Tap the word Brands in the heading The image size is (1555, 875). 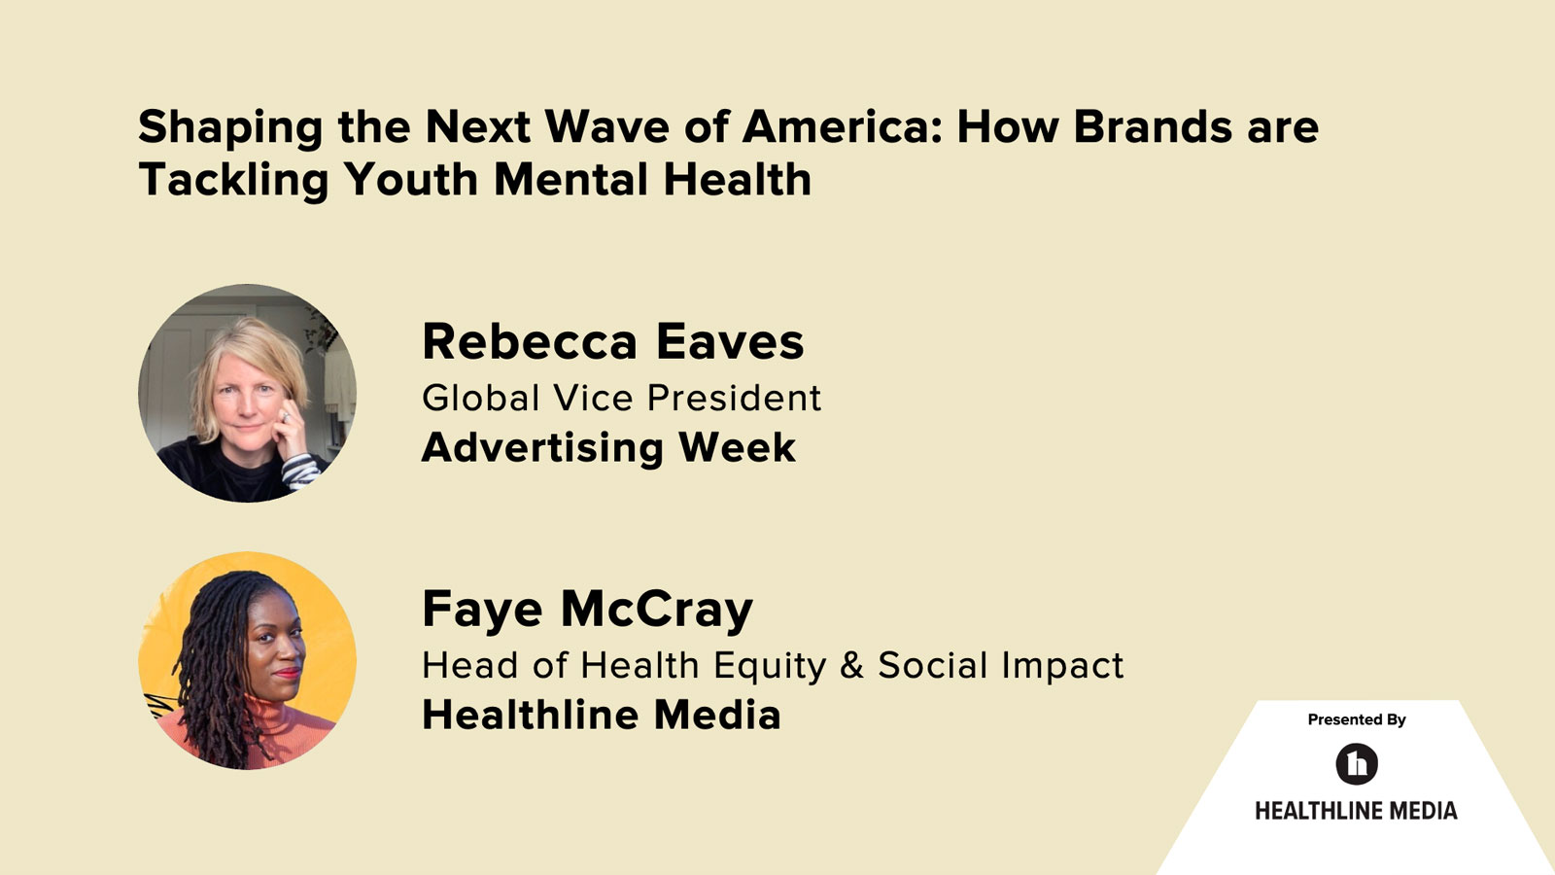click(1153, 127)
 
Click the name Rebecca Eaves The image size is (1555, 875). click(612, 341)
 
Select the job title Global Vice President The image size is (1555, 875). click(621, 398)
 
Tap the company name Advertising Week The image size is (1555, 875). click(608, 447)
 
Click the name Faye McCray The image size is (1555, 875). click(587, 610)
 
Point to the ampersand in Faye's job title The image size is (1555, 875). click(851, 666)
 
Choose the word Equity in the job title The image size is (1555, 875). click(770, 666)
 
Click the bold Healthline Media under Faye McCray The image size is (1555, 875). click(601, 716)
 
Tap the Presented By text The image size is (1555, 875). click(1356, 719)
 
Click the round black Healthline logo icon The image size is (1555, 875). click(1357, 764)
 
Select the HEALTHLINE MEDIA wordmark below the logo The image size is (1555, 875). click(1356, 811)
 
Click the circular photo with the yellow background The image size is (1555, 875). click(247, 660)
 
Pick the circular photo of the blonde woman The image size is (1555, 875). click(247, 393)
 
